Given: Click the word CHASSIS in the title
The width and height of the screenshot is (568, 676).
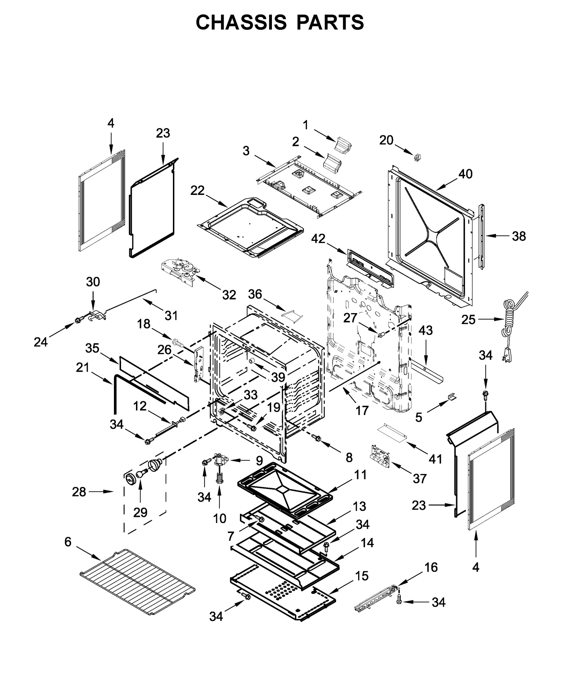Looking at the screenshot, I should (241, 22).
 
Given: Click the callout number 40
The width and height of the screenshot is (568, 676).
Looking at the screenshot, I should (465, 174).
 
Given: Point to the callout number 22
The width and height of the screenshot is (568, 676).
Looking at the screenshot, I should (197, 191).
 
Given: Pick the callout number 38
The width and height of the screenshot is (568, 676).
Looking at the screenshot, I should (519, 236).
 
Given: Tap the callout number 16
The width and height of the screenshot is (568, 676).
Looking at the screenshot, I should (431, 567).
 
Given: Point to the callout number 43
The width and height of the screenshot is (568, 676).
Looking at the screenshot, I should (426, 330).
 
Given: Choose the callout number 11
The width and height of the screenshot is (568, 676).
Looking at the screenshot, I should (360, 475).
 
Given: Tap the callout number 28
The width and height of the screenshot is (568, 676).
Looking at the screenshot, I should (79, 492).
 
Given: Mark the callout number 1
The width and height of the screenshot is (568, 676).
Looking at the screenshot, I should (306, 125).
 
